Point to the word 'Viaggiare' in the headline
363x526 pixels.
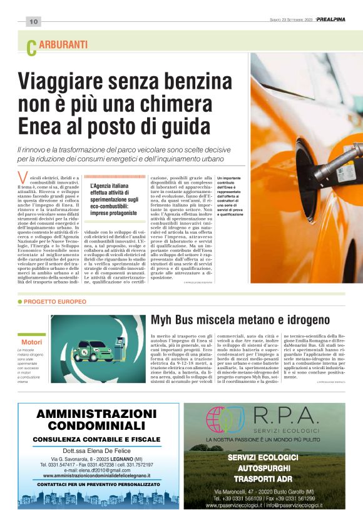click(x=69, y=81)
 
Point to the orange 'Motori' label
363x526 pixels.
click(x=32, y=342)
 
